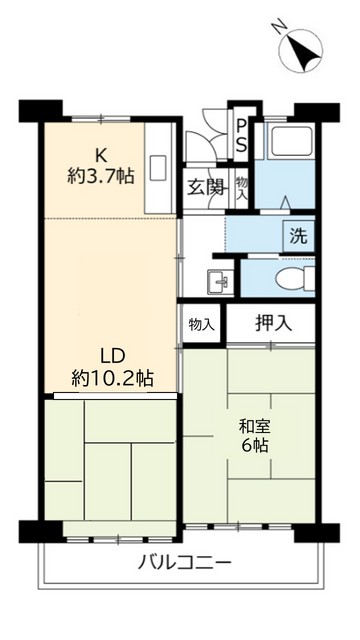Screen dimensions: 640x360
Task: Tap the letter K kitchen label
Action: (x=101, y=154)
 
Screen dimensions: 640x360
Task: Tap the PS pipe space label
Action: (x=242, y=133)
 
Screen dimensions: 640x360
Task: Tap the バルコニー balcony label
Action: (x=183, y=561)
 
